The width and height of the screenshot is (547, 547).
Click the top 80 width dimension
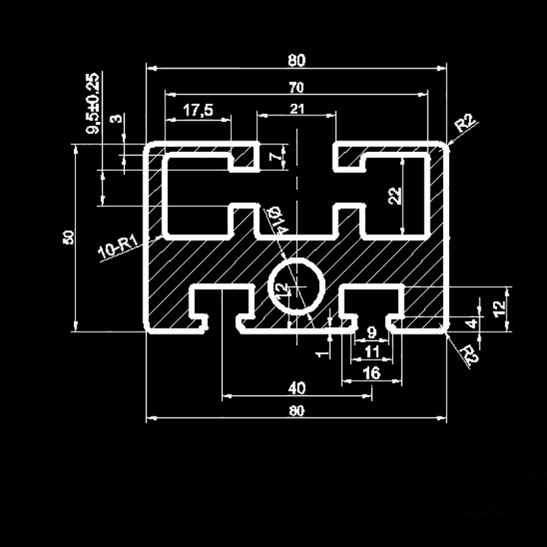coord(296,60)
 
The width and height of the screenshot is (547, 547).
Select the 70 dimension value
coord(296,87)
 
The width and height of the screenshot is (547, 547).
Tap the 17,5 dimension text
coord(198,109)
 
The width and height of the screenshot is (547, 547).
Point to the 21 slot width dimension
coord(297,108)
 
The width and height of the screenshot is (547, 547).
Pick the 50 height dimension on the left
coord(68,237)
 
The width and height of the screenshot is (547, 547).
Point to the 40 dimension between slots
coord(296,388)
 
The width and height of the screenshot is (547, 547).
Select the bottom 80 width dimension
coord(296,410)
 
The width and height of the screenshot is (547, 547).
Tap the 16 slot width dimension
coord(371,373)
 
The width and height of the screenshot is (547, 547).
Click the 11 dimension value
coord(372,351)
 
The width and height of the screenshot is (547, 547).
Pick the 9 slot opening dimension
coord(371,333)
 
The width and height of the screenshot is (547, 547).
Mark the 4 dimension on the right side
coord(471,322)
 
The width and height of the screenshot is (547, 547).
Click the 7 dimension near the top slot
coord(276,157)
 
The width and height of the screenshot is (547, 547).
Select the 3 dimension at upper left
coord(118,118)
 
